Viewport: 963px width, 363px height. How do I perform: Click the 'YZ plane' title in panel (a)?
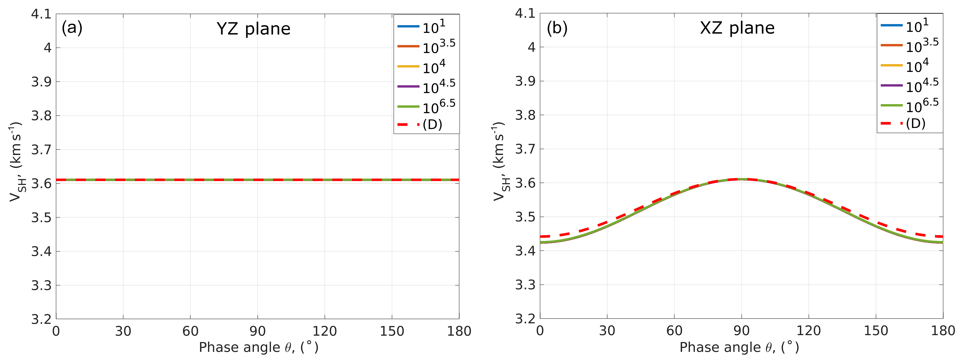click(253, 29)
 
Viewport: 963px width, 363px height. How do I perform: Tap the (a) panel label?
click(72, 28)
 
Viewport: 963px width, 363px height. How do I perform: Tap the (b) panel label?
click(557, 28)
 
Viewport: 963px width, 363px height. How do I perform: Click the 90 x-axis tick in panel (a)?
click(257, 331)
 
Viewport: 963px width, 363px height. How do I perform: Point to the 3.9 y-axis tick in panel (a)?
click(41, 82)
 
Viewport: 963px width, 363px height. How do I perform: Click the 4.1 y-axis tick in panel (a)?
click(41, 14)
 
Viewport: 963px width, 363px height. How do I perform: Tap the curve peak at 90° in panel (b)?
click(741, 179)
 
